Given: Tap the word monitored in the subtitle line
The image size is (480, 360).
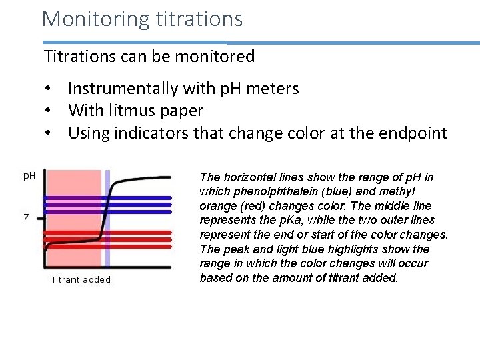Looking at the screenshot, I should (215, 57).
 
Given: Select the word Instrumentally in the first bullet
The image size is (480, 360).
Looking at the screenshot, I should (123, 89).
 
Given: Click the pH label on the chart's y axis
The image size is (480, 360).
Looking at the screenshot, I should (29, 176).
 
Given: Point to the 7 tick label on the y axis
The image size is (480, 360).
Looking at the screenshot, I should (26, 217).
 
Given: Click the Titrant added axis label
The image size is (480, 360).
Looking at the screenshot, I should (81, 279).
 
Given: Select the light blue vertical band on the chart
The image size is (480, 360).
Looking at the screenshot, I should (107, 220).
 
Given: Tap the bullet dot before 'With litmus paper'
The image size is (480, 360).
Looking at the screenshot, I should (49, 111).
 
